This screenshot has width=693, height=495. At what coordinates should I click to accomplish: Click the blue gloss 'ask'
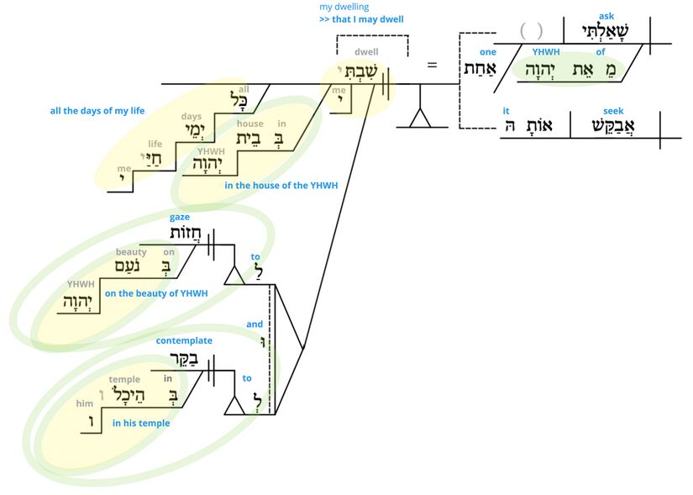[606, 15]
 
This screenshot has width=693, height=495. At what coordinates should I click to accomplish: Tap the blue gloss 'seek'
[613, 111]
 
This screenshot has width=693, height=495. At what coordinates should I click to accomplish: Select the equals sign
[433, 64]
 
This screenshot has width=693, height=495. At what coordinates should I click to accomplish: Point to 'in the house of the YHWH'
[281, 186]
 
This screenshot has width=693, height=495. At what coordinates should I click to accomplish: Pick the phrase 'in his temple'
[140, 423]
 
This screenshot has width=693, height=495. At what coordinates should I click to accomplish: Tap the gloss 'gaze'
[179, 218]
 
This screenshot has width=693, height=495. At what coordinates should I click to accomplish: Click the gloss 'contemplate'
[184, 340]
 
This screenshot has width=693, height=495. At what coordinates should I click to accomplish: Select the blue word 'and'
[255, 324]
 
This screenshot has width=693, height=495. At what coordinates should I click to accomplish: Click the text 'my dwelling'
[344, 7]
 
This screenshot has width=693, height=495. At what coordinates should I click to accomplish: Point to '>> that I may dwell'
[361, 18]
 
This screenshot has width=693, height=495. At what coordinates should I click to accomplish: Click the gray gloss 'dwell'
[366, 52]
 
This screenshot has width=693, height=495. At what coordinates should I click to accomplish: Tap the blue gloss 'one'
[487, 52]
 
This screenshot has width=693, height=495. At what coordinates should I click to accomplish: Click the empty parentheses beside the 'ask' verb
[531, 31]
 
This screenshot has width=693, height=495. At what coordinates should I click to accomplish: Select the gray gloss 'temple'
[124, 380]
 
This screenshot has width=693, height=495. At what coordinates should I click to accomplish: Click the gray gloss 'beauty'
[131, 251]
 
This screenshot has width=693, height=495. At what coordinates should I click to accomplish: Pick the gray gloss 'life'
[155, 144]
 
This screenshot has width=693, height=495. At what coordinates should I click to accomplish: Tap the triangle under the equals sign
[419, 118]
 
